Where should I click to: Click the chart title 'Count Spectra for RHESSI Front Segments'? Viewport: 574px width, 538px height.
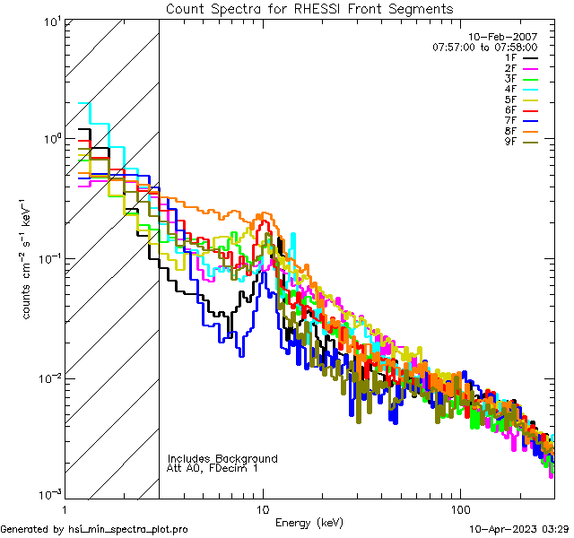309,8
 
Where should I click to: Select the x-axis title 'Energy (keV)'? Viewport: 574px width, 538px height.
309,522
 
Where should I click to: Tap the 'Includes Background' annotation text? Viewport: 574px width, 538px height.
222,458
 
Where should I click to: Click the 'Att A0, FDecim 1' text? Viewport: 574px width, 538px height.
213,468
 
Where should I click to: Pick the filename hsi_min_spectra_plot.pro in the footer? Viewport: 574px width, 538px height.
128,530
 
